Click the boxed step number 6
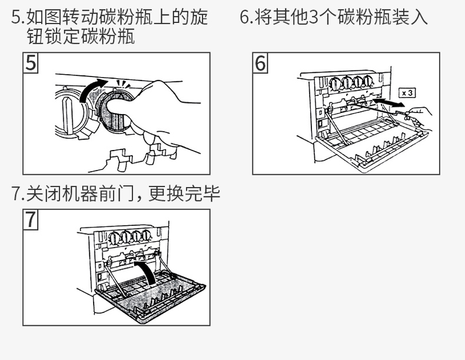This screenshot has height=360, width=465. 261,63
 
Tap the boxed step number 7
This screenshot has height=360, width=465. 30,220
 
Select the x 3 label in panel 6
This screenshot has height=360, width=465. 406,93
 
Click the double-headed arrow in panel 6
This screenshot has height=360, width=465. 388,104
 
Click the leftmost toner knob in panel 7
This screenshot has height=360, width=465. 114,239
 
